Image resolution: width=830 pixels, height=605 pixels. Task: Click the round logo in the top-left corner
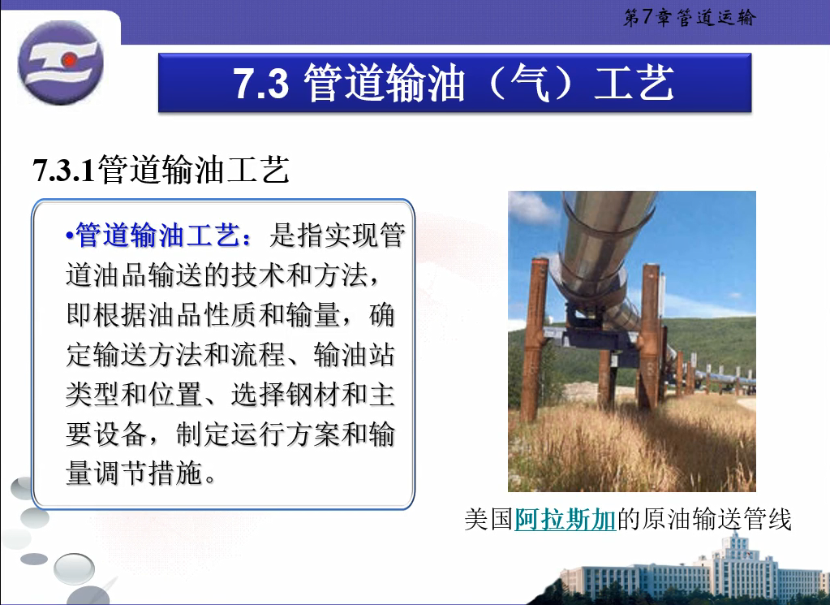60,62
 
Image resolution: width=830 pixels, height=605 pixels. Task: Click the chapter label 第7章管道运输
690,18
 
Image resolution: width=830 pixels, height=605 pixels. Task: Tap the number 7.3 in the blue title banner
261,84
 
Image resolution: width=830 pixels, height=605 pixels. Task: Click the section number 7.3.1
63,170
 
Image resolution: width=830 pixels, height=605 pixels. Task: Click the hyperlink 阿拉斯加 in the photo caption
565,519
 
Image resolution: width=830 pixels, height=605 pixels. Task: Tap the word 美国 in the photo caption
489,519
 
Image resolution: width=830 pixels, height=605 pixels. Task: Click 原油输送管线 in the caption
716,519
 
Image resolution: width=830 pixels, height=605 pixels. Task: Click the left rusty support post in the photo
534,339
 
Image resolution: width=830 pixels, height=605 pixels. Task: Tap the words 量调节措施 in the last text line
135,473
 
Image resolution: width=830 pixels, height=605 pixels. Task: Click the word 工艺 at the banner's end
634,83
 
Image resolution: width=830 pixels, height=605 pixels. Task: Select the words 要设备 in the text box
106,434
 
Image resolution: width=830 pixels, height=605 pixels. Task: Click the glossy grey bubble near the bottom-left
74,568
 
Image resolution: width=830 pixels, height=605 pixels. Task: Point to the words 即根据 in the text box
106,315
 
